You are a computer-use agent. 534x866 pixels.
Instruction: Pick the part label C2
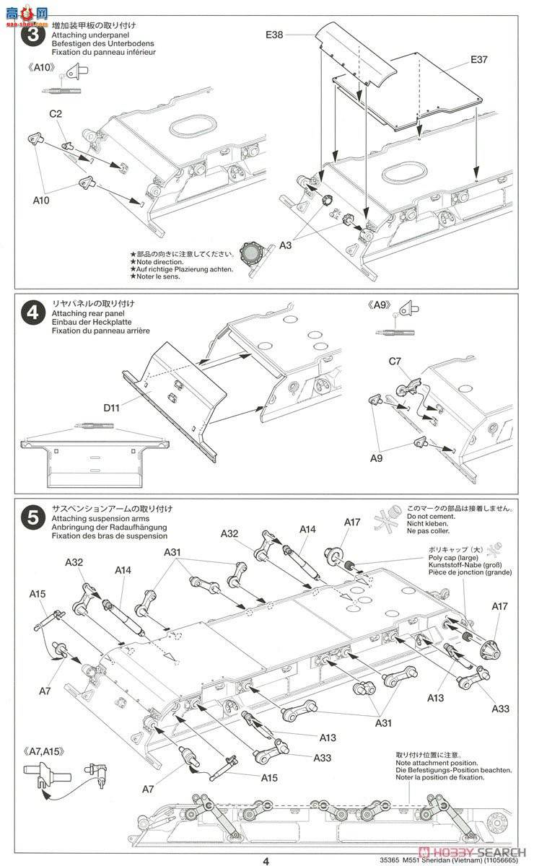tap(56, 113)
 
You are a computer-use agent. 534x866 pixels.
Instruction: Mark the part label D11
tap(112, 408)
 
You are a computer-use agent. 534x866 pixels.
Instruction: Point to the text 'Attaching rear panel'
tap(87, 313)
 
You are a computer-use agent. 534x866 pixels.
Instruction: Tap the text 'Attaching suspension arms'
tap(97, 518)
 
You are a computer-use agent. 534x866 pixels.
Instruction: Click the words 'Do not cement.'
tap(432, 517)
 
